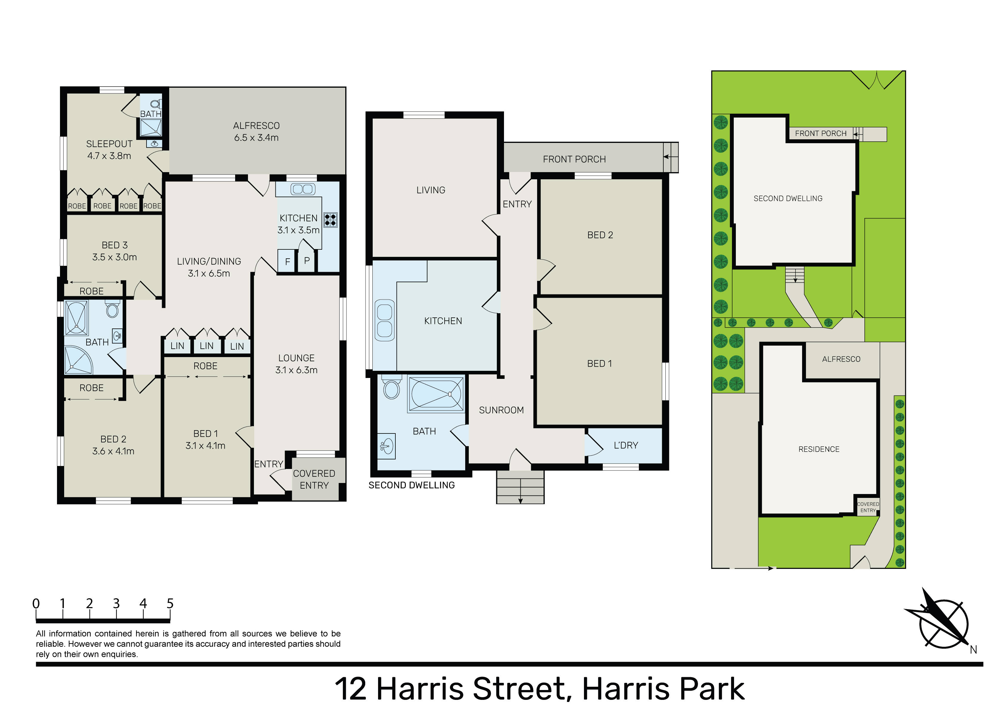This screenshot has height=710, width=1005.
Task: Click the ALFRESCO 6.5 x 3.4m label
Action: tap(257, 131)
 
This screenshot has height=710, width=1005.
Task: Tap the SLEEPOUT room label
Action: tap(110, 144)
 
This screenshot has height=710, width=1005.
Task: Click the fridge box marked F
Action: tap(287, 261)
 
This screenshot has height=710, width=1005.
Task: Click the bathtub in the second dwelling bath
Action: tap(436, 394)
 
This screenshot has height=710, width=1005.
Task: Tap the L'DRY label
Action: tap(626, 445)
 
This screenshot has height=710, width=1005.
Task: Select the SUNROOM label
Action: tap(501, 410)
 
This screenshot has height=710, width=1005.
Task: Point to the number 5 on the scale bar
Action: tap(170, 603)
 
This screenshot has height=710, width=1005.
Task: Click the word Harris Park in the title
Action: tap(664, 689)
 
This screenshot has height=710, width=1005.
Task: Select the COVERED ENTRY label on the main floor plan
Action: tap(314, 479)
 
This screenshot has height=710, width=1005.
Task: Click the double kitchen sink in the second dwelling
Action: tap(385, 320)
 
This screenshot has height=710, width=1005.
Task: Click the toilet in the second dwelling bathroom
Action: tap(392, 387)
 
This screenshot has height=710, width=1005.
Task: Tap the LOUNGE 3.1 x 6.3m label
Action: tap(296, 364)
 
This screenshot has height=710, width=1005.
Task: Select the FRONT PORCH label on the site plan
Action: tap(821, 134)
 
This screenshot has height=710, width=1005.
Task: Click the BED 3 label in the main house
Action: tap(115, 245)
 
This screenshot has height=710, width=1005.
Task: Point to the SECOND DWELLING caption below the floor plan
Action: tap(411, 485)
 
